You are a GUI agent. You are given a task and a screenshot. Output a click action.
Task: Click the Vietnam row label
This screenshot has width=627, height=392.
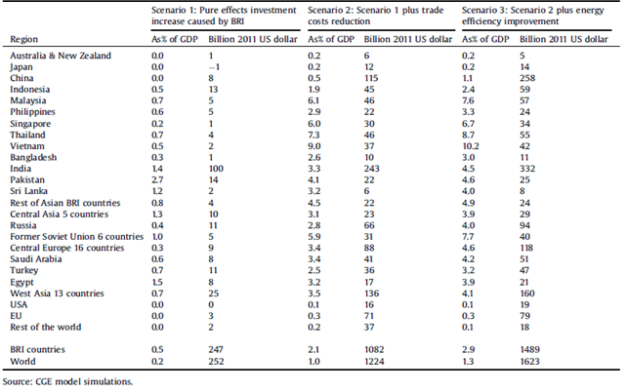[27, 146]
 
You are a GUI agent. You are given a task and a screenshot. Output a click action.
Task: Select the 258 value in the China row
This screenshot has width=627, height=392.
[527, 78]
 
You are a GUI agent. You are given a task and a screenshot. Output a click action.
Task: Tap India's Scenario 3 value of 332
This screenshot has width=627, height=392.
[527, 169]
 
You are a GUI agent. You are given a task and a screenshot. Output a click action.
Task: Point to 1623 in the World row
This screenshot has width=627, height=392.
[530, 361]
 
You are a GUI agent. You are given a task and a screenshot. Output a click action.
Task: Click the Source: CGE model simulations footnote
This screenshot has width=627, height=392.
[67, 381]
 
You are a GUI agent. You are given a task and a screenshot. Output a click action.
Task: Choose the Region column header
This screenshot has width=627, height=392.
[24, 39]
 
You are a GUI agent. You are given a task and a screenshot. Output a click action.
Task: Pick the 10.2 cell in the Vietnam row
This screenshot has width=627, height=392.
[471, 146]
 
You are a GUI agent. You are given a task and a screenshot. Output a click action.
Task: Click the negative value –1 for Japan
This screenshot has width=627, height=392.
[214, 66]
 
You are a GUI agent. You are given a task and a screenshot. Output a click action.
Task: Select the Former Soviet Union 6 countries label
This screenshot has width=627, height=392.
[77, 236]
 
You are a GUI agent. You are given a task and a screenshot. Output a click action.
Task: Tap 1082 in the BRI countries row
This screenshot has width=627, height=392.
[374, 349]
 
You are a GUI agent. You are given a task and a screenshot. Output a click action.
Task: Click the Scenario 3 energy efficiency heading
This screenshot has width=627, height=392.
[533, 16]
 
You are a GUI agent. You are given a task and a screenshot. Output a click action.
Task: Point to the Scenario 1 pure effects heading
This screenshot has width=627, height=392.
[224, 16]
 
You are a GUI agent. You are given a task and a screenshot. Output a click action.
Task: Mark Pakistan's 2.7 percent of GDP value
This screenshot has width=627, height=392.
[157, 179]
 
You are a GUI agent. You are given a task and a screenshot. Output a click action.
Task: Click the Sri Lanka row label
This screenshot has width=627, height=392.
[28, 191]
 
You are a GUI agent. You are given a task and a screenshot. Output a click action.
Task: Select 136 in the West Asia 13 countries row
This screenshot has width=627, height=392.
[371, 294]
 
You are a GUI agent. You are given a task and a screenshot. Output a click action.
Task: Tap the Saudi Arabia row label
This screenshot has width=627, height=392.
[36, 259]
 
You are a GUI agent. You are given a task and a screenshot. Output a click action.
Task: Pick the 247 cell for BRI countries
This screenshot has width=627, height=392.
[216, 349]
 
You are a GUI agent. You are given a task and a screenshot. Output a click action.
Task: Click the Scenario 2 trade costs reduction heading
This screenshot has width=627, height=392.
[375, 16]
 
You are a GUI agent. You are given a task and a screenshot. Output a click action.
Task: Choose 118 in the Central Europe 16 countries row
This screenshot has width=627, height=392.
[526, 248]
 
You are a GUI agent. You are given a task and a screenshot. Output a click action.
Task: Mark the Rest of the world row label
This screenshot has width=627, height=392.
[46, 327]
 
